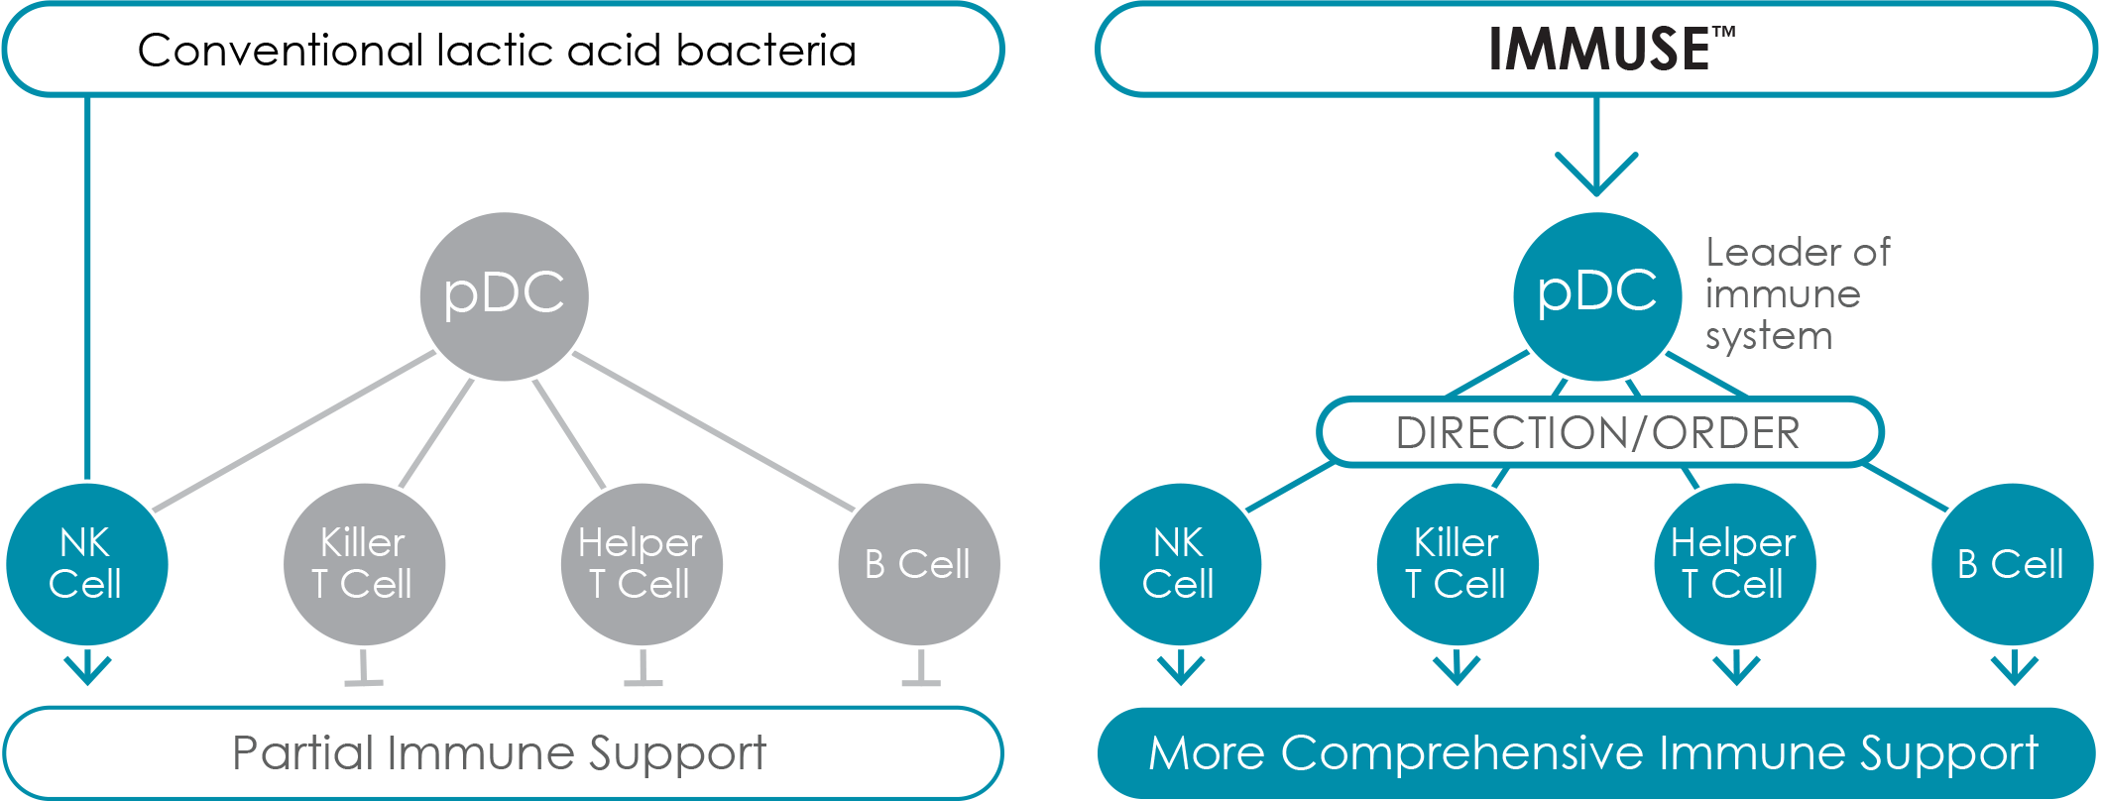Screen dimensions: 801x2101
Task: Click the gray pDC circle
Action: point(504,295)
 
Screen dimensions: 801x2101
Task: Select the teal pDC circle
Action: point(1596,295)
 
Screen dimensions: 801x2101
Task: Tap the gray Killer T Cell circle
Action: point(364,564)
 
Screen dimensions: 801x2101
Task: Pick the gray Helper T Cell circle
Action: point(642,564)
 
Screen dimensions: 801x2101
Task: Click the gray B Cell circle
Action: point(919,564)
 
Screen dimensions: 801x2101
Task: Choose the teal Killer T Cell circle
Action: point(1457,564)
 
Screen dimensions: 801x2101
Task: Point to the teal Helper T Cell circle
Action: point(1734,564)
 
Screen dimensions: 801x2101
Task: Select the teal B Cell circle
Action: point(2012,564)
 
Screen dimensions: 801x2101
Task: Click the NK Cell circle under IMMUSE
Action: point(1180,564)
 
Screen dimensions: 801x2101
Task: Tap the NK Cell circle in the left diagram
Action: point(87,564)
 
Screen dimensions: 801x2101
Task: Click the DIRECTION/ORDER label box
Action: point(1598,433)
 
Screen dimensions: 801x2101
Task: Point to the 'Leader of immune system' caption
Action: point(1797,294)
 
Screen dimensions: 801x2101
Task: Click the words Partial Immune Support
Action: point(499,753)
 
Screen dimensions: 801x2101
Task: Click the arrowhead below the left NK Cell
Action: point(87,671)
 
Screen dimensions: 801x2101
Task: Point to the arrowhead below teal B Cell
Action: point(2014,671)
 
